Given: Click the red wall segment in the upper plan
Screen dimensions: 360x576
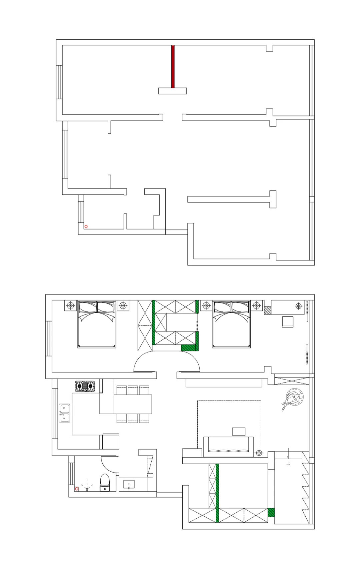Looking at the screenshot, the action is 173,67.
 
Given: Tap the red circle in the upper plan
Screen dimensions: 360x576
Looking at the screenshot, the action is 86,226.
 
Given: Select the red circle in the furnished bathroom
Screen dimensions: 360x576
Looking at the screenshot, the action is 77,489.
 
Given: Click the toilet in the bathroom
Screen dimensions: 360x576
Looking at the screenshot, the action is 105,483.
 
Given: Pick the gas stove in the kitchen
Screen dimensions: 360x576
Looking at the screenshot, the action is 85,386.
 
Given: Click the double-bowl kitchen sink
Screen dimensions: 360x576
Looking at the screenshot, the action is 65,413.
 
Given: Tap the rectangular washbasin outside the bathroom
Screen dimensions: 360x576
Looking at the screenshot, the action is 129,484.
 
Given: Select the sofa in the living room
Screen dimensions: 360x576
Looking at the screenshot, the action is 228,447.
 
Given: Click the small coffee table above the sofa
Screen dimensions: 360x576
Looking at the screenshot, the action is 239,431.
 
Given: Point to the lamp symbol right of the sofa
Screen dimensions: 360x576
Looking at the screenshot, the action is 259,453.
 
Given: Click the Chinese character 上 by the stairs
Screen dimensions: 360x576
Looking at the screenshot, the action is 288,463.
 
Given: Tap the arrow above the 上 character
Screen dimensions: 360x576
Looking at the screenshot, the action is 288,454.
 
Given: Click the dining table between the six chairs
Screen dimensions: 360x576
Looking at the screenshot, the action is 133,404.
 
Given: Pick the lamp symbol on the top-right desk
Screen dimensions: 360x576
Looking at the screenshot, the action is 298,306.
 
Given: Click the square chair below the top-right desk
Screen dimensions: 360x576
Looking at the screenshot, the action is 288,322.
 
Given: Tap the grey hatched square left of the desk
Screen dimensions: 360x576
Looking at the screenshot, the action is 267,311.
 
